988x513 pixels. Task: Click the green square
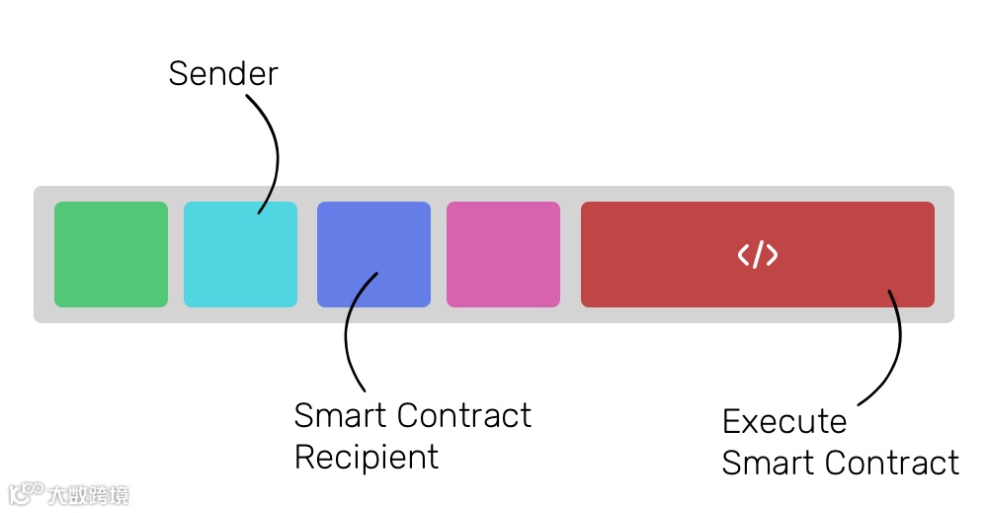[111, 254]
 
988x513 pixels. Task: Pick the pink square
[503, 254]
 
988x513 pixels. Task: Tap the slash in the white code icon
[758, 255]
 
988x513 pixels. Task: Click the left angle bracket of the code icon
[743, 255]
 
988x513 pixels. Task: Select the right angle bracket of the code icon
[772, 255]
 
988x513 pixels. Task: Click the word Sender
[223, 73]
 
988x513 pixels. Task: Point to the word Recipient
[367, 458]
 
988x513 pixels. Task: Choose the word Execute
[784, 422]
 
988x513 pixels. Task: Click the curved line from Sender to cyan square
[276, 148]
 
